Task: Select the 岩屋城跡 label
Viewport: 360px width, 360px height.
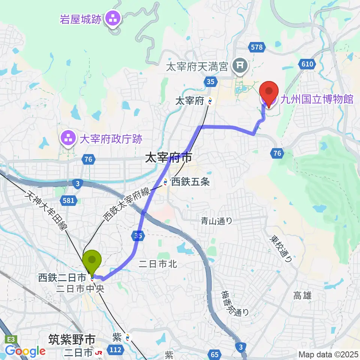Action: pyautogui.click(x=81, y=19)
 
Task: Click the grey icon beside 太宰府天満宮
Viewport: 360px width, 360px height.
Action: pyautogui.click(x=239, y=66)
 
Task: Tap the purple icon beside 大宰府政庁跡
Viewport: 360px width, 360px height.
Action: pyautogui.click(x=68, y=138)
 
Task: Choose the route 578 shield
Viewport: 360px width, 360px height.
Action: pyautogui.click(x=257, y=47)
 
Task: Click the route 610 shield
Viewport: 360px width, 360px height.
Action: pyautogui.click(x=307, y=64)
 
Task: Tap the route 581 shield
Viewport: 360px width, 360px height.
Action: pyautogui.click(x=68, y=201)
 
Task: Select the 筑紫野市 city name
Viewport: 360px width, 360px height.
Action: pyautogui.click(x=72, y=339)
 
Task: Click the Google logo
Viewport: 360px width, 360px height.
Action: pyautogui.click(x=25, y=351)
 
